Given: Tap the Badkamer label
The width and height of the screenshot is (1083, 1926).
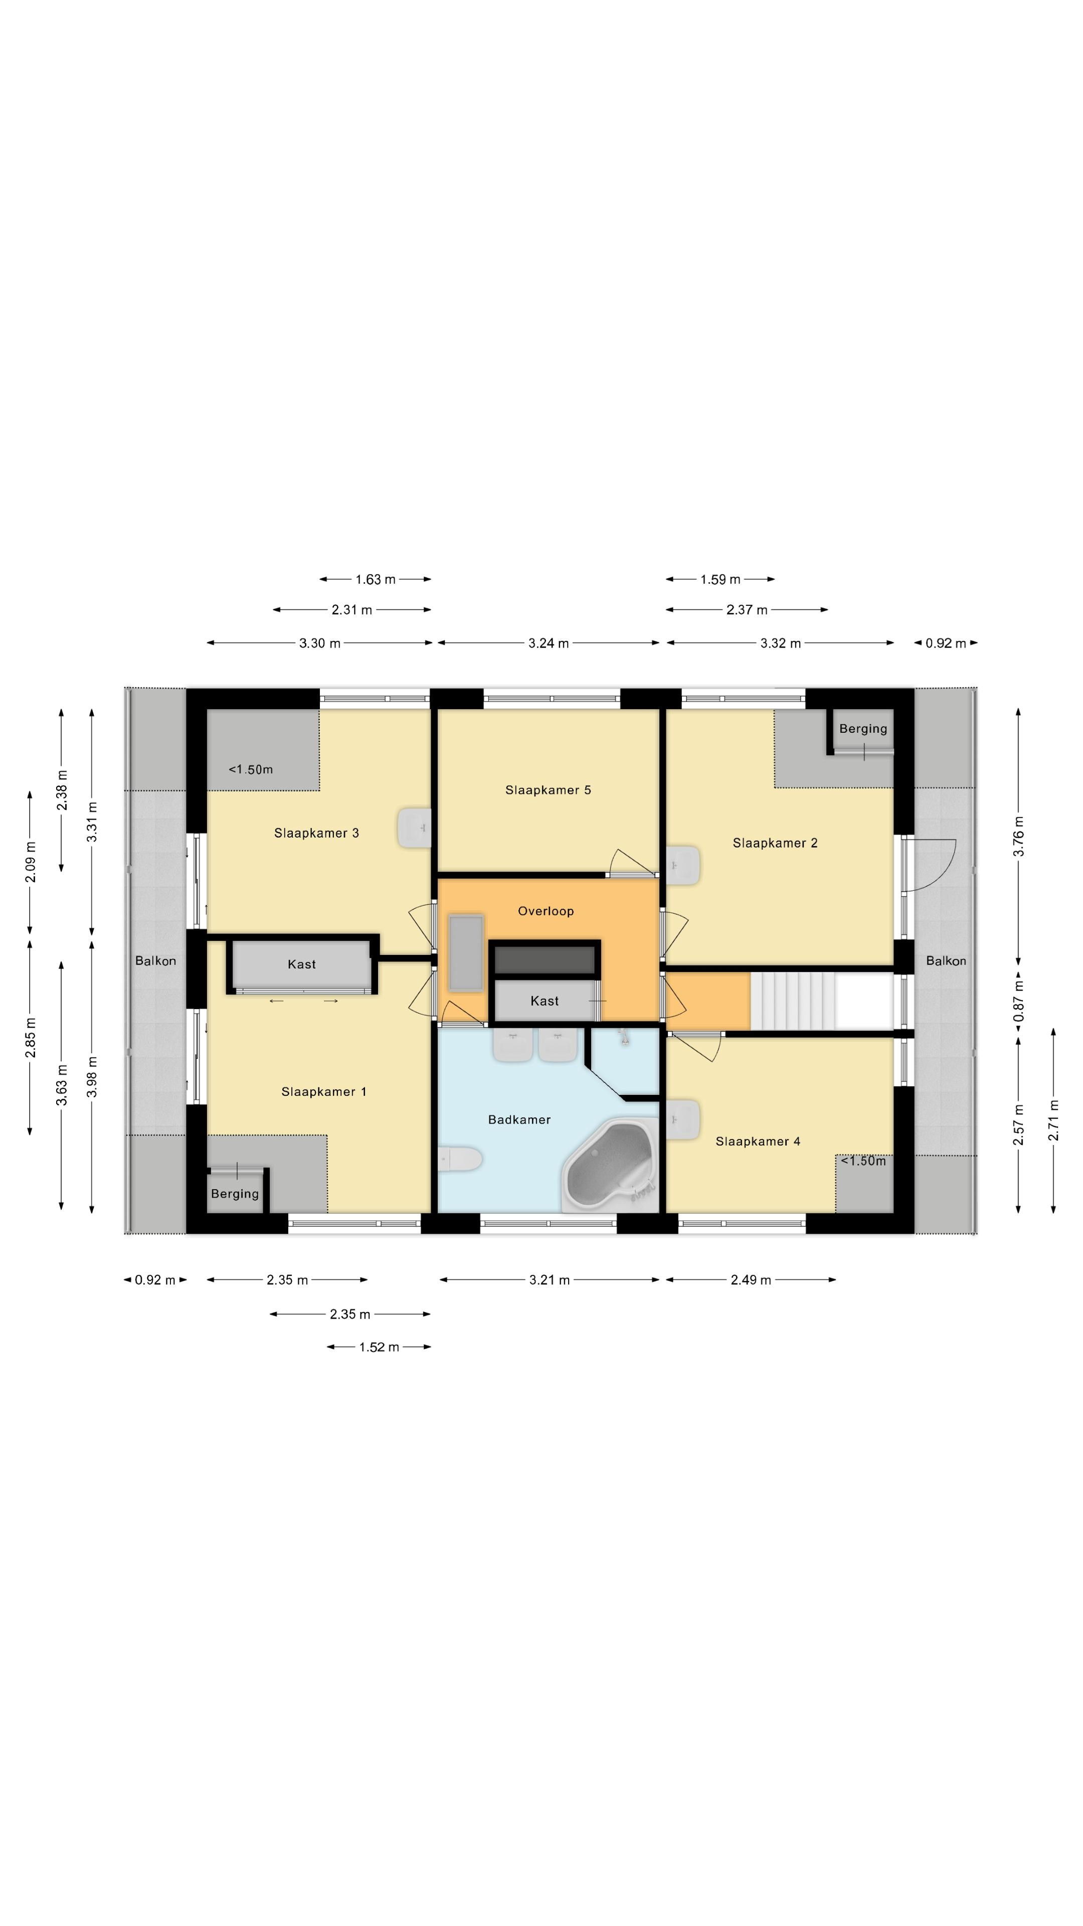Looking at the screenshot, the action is click(519, 1119).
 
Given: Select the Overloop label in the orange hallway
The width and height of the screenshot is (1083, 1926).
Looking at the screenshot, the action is click(546, 911).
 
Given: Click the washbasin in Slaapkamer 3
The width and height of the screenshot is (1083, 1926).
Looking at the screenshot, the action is click(414, 828).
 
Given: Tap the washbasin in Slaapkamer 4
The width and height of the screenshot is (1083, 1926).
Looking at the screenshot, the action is click(683, 1119).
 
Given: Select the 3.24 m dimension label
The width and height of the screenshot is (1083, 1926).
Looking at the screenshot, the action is click(549, 643).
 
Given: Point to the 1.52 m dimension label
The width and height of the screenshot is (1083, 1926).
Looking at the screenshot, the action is click(379, 1347).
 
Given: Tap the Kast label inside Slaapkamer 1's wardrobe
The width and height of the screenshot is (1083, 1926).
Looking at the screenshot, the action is click(302, 965).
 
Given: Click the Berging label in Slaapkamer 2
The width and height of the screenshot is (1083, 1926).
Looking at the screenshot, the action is click(863, 729).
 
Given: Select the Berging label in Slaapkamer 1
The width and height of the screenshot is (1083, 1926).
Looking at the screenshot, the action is click(235, 1194).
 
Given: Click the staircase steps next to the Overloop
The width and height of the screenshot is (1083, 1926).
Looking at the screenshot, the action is click(792, 1001).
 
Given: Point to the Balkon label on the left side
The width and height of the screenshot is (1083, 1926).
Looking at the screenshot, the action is click(155, 961).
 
